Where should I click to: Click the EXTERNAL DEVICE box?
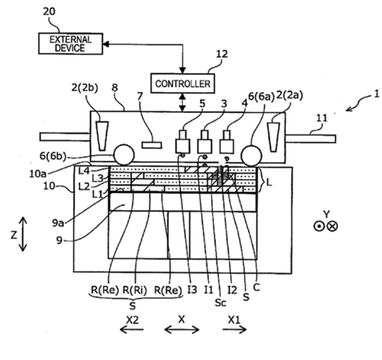(71, 44)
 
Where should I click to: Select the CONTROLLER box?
(183, 83)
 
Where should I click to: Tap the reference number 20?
(50, 12)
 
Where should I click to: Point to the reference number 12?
(222, 54)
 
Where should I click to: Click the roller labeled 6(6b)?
(124, 154)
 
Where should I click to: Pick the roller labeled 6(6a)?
(252, 156)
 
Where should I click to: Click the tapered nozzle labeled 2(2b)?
(102, 136)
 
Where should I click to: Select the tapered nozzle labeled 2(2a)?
(273, 137)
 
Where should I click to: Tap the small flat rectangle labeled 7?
(152, 145)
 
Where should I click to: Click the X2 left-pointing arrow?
(131, 330)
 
